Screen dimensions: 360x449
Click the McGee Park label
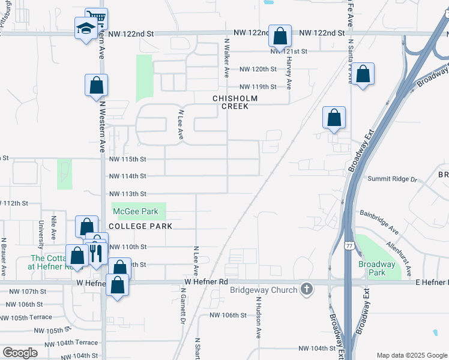[134, 211]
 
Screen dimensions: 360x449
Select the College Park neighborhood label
[140, 226]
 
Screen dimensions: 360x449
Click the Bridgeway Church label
[264, 290]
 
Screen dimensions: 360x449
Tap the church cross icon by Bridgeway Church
[307, 290]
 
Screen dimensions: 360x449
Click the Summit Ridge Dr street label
[392, 179]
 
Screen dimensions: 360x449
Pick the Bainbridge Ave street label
[379, 221]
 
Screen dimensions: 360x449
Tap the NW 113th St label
[127, 194]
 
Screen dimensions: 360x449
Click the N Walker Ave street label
[227, 58]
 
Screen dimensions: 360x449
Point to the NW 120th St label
[258, 70]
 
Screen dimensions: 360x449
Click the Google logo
[20, 353]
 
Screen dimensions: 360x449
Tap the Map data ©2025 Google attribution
[411, 355]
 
